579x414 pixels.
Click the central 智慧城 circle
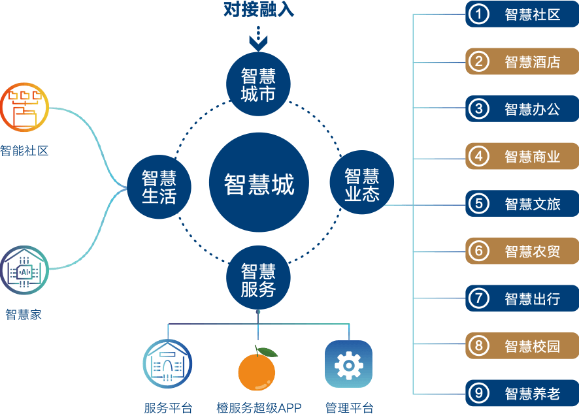pos(259,184)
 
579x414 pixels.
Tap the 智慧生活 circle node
pos(159,186)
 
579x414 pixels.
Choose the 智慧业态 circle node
pos(361,185)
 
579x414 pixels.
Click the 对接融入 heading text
pos(259,10)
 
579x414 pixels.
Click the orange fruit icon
pos(257,370)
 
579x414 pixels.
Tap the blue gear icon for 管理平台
pos(348,364)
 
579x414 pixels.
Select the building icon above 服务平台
pos(168,364)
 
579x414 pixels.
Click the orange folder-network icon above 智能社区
pos(24,108)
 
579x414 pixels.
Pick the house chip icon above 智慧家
pos(24,270)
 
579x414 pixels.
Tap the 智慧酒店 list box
pos(521,62)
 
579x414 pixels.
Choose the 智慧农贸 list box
pos(521,251)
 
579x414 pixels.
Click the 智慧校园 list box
pos(521,345)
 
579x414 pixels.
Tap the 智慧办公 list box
pos(521,109)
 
